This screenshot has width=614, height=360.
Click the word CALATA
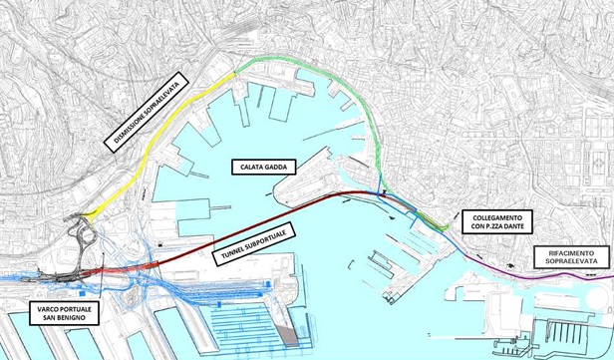[x=245, y=167]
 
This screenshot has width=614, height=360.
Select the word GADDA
[x=276, y=167]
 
